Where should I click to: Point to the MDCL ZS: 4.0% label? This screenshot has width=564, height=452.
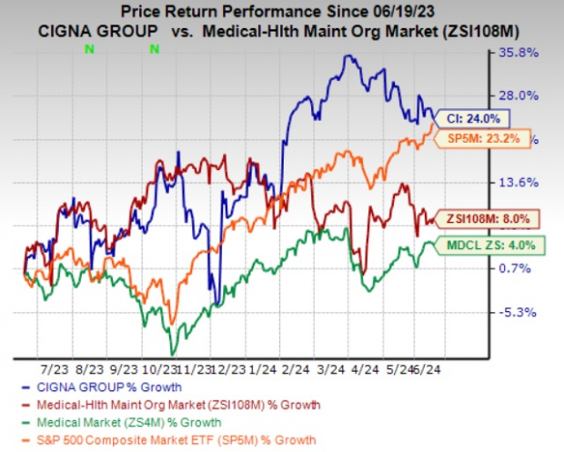491,245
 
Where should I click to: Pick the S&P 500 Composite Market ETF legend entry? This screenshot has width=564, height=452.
173,439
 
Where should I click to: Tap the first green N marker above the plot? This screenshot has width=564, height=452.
89,47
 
